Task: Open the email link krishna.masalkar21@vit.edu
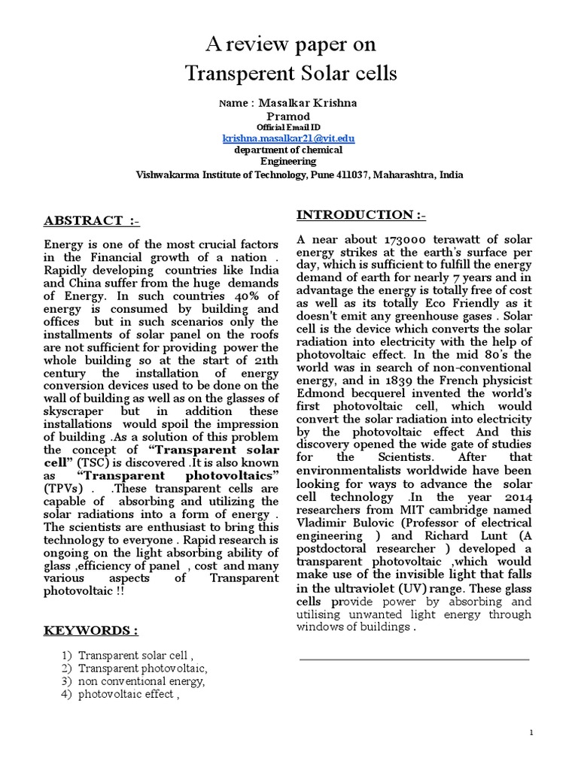[288, 139]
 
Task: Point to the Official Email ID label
[288, 128]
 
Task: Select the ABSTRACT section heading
[92, 220]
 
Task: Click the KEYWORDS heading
[90, 629]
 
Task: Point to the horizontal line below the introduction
[414, 659]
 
